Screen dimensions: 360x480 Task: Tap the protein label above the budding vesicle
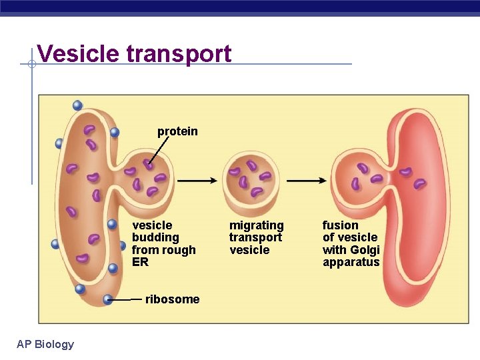[177, 131]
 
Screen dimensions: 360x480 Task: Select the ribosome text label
[172, 299]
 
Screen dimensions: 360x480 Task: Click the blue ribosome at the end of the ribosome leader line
[108, 299]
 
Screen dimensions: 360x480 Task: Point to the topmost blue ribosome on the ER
[78, 105]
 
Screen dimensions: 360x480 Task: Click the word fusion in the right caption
[340, 225]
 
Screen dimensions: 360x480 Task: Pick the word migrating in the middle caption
[256, 225]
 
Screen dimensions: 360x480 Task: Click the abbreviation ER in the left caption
[140, 262]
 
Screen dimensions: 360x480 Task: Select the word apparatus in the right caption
[351, 262]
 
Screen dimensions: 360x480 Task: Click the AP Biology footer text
[45, 344]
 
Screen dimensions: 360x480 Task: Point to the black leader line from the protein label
[157, 150]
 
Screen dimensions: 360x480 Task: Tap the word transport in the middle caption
[255, 237]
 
